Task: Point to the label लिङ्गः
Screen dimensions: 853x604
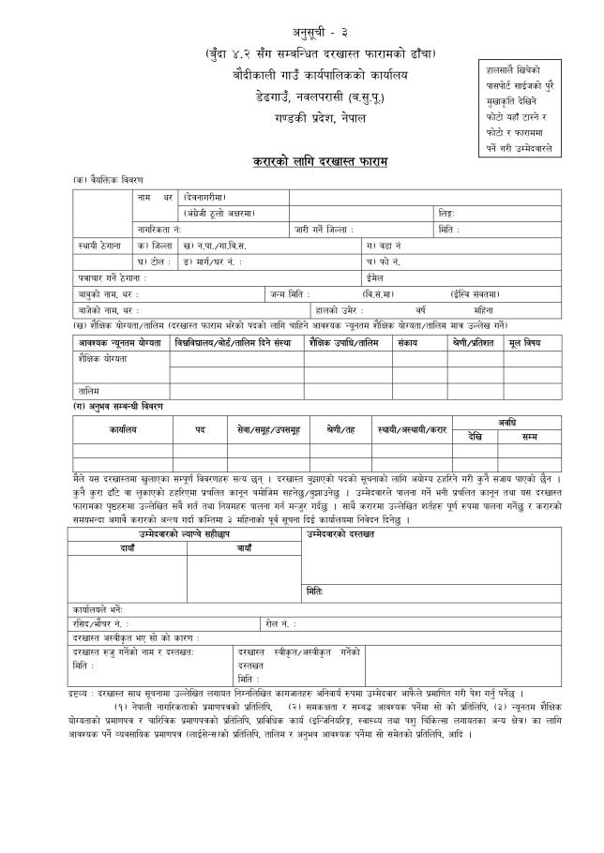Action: (x=447, y=213)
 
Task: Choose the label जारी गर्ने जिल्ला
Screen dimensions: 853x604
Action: (x=324, y=229)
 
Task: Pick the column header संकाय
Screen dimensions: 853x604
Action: (x=407, y=344)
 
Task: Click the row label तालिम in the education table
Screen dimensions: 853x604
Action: (x=88, y=390)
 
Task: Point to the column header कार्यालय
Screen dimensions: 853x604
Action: (x=122, y=428)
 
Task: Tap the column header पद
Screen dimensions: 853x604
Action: (x=200, y=428)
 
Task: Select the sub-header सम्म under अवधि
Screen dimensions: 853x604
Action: (x=530, y=436)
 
